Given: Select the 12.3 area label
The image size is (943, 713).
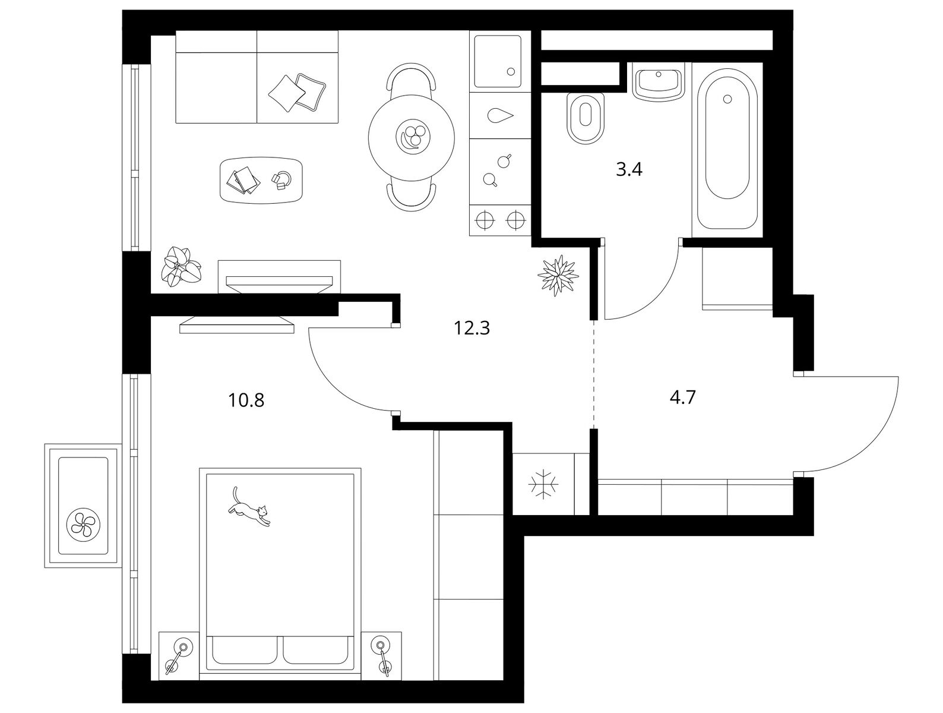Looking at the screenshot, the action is (x=471, y=328).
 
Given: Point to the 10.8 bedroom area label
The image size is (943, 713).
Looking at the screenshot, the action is (x=246, y=400).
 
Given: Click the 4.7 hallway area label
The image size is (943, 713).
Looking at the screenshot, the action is (x=683, y=397).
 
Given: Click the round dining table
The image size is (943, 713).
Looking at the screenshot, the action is (x=411, y=138).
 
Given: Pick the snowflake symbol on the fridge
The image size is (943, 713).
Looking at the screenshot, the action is (x=543, y=484).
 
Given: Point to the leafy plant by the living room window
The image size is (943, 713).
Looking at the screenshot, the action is (x=181, y=267).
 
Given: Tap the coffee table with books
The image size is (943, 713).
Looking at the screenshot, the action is (x=261, y=179).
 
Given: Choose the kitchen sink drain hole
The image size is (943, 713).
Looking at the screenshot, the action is (x=511, y=72).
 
